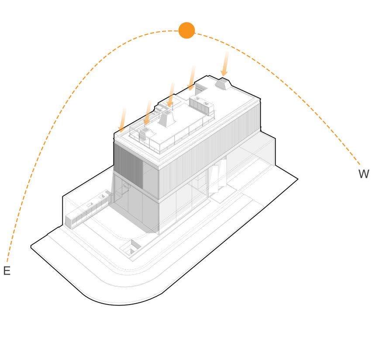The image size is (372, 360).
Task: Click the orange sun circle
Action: click(187, 31)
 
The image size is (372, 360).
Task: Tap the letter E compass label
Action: click(7, 271)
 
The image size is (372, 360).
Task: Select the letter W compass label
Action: click(364, 174)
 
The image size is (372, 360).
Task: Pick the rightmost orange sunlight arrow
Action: click(225, 64)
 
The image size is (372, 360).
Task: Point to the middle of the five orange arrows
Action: click(171, 95)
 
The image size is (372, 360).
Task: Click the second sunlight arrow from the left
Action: click(147, 113)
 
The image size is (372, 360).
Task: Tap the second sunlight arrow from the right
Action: click(191, 78)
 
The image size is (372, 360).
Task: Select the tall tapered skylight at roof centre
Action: click(167, 118)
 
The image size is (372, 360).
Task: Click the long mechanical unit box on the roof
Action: click(202, 104)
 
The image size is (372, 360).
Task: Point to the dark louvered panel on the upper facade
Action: click(128, 165)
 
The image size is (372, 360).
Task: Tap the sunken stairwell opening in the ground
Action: click(130, 248)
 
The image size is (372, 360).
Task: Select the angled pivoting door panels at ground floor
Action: click(217, 176)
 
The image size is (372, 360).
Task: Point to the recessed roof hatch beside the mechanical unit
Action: click(200, 88)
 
